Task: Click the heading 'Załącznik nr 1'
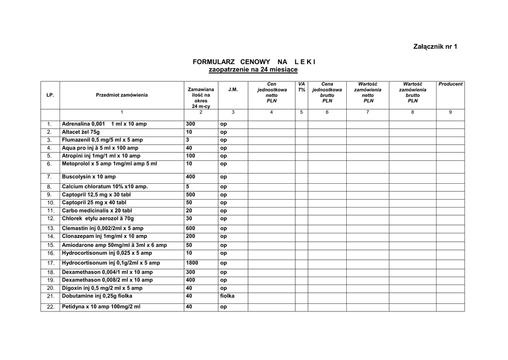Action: pyautogui.click(x=435, y=47)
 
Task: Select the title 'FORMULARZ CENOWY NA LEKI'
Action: pyautogui.click(x=254, y=62)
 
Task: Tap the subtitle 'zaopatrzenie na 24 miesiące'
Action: pyautogui.click(x=253, y=70)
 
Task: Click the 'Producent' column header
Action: pyautogui.click(x=450, y=84)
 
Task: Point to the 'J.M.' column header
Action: pyautogui.click(x=233, y=90)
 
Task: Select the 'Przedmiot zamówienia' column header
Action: pyautogui.click(x=122, y=95)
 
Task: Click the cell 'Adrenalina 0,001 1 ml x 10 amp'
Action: pyautogui.click(x=104, y=124)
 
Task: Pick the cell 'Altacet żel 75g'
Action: pyautogui.click(x=81, y=132)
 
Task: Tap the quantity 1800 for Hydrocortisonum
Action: pyautogui.click(x=192, y=263)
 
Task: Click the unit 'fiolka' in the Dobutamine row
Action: pyautogui.click(x=227, y=296)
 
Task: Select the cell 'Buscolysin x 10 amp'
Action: pyautogui.click(x=89, y=177)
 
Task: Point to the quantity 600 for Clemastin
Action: pyautogui.click(x=190, y=228)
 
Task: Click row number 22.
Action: pyautogui.click(x=50, y=307)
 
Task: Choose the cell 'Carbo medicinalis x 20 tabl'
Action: pyautogui.click(x=97, y=211)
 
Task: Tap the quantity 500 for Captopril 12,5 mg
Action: pyautogui.click(x=190, y=195)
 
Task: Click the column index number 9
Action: pyautogui.click(x=450, y=112)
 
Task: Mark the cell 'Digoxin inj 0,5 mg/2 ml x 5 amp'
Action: pyautogui.click(x=102, y=288)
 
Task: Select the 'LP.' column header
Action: pyautogui.click(x=50, y=95)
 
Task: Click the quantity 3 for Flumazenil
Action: pyautogui.click(x=188, y=140)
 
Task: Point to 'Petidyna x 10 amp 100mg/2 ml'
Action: pyautogui.click(x=101, y=307)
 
